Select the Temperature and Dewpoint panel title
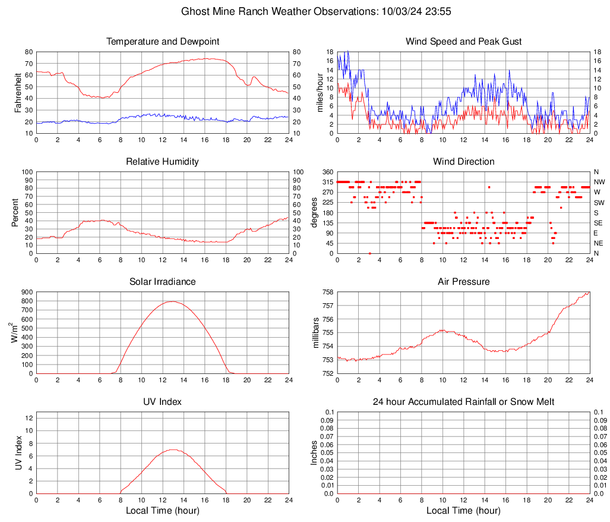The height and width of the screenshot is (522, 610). (163, 42)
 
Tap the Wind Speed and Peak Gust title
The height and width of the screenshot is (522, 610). (463, 42)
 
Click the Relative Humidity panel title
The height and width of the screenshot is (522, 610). (163, 162)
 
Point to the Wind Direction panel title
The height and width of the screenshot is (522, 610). (463, 162)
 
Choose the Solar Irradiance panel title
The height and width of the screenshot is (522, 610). (163, 282)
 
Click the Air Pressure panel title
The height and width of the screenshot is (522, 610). (463, 282)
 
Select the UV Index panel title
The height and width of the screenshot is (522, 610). (163, 402)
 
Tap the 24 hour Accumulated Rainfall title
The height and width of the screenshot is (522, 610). (463, 402)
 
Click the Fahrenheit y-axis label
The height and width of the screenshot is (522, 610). (18, 92)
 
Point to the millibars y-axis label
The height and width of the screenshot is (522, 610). (315, 333)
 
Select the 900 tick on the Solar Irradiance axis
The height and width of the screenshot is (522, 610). (26, 292)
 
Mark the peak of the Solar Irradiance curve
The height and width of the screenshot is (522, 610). (172, 301)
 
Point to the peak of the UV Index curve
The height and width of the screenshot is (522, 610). (172, 449)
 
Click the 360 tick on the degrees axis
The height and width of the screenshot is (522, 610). (327, 172)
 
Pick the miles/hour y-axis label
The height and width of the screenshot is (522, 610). (320, 92)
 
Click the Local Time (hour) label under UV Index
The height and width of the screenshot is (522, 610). (163, 511)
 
